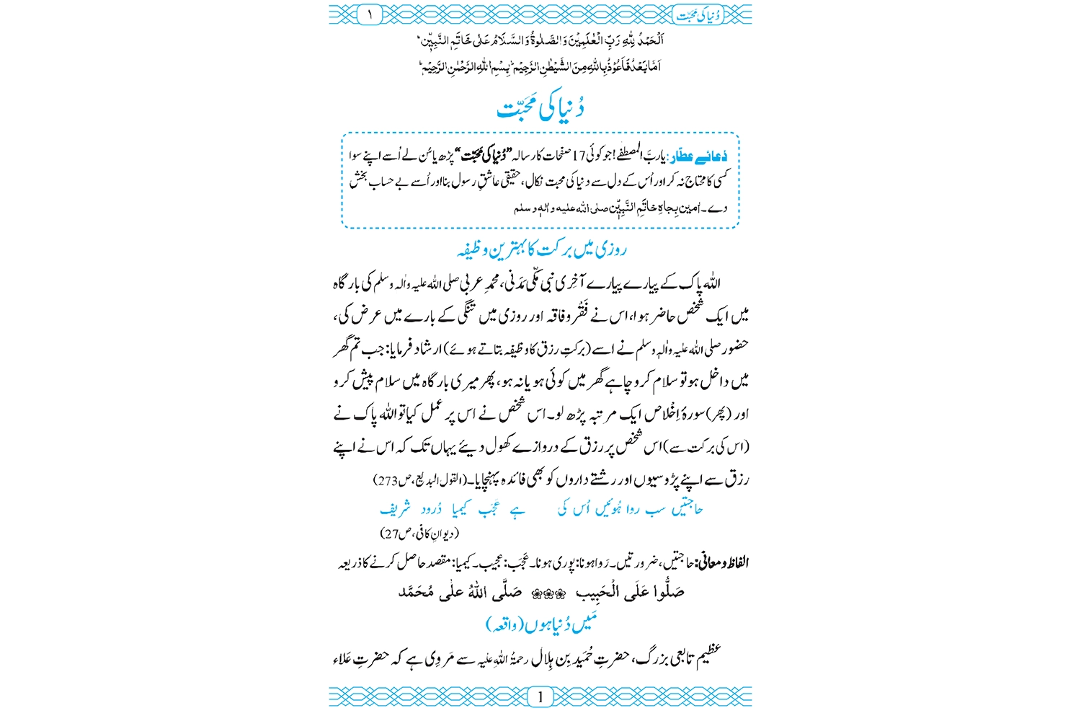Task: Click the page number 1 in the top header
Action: point(370,14)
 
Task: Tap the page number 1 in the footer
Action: point(540,696)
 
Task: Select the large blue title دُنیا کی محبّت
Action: point(540,108)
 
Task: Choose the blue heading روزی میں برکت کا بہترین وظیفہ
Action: point(541,250)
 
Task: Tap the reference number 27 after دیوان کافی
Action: point(391,534)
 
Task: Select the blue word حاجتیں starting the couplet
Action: point(687,510)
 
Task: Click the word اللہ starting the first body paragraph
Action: point(710,284)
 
